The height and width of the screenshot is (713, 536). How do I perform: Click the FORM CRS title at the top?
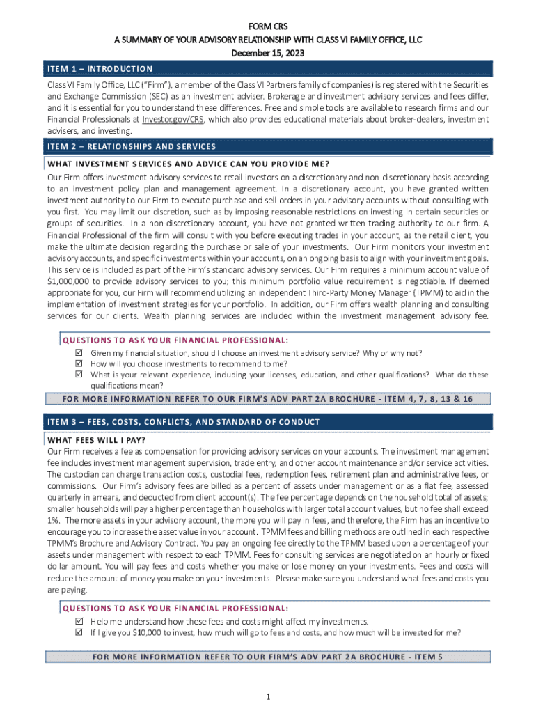268,26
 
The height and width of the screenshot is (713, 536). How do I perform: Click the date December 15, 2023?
268,53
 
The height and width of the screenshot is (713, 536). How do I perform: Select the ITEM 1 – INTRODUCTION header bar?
269,69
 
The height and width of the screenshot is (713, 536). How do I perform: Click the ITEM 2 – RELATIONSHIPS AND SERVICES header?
269,146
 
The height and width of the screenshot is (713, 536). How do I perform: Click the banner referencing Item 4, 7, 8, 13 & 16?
269,399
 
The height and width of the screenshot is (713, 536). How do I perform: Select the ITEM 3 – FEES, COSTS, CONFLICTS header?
269,422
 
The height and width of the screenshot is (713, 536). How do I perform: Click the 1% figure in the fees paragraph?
54,519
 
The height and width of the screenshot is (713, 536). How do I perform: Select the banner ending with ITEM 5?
269,657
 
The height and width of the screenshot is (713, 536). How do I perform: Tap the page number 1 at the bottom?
268,697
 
